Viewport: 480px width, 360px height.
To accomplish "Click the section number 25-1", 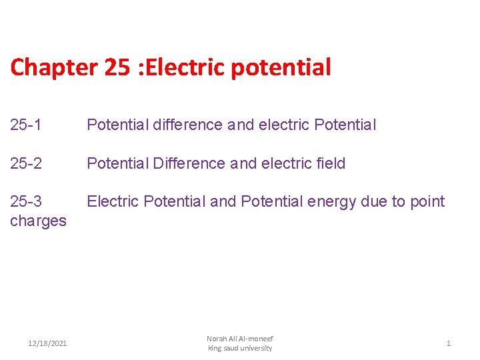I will point(26,125).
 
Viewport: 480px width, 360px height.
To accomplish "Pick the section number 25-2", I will point(26,163).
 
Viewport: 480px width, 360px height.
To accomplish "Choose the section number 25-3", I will point(26,202).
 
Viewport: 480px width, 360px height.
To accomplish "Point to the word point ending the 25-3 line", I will point(428,202).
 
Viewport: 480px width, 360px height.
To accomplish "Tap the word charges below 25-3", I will point(38,221).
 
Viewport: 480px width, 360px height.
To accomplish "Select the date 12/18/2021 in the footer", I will point(47,343).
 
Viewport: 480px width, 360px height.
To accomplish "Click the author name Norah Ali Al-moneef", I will point(240,339).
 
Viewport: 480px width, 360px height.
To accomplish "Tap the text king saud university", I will point(240,348).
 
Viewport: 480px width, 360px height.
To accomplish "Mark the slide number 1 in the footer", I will point(449,343).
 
